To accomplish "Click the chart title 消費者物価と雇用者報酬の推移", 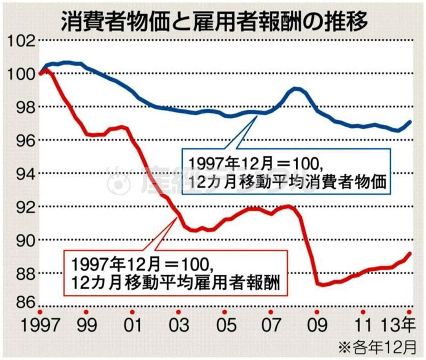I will tap(213, 21).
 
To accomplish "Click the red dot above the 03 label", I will tap(178, 312).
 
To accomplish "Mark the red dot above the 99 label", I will tap(86, 312).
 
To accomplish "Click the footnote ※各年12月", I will tap(378, 345).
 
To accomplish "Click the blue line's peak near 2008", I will tap(296, 88).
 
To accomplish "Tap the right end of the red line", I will tap(410, 253).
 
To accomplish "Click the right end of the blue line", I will tap(410, 122).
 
